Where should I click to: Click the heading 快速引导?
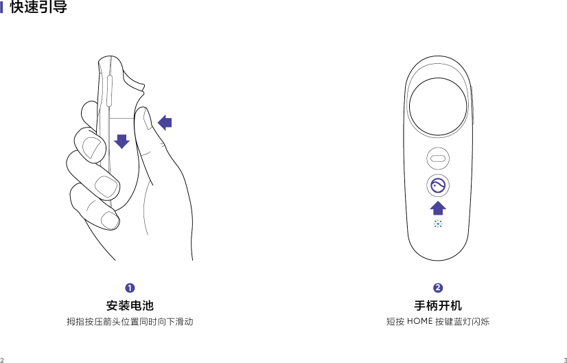[38, 9]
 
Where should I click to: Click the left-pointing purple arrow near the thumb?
[165, 123]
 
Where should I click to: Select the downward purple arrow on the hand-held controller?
[121, 141]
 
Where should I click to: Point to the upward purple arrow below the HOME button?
[437, 208]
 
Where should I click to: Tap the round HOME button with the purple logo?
[437, 185]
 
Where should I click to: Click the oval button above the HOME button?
[437, 158]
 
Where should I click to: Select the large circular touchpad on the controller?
[437, 110]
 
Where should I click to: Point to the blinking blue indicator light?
[437, 224]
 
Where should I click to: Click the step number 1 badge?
[129, 286]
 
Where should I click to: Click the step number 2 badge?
[437, 286]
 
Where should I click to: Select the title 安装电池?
[129, 305]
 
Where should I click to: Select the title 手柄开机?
[437, 305]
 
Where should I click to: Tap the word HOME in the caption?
[419, 321]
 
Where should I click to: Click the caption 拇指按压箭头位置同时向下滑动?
[129, 321]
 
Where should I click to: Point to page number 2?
[3, 359]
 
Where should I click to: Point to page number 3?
[564, 359]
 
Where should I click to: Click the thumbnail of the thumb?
[146, 123]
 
